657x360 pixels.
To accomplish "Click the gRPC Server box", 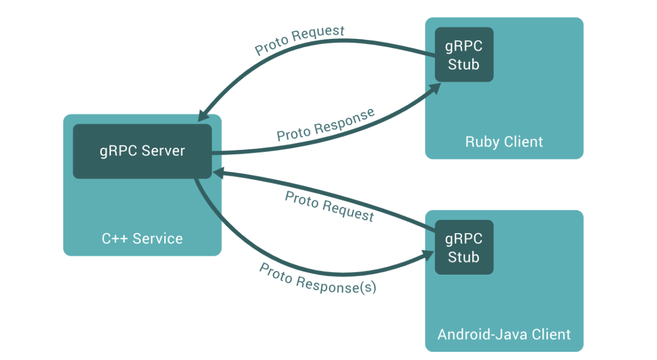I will click(142, 151).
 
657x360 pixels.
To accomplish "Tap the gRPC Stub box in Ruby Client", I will click(464, 55).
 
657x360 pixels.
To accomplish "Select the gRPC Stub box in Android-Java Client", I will click(464, 247).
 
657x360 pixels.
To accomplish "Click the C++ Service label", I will click(142, 239).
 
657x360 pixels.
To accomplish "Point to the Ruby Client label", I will click(504, 142).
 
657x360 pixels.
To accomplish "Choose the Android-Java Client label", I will click(504, 334).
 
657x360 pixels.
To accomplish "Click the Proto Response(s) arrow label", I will click(318, 278).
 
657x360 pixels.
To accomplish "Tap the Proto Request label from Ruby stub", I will click(300, 40).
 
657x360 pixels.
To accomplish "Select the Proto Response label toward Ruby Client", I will click(326, 125).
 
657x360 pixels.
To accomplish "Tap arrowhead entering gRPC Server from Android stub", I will click(217, 173).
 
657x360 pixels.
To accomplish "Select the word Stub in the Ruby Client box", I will click(464, 65).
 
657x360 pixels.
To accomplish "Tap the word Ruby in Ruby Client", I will click(480, 142).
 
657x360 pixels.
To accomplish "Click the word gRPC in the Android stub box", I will click(464, 239).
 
